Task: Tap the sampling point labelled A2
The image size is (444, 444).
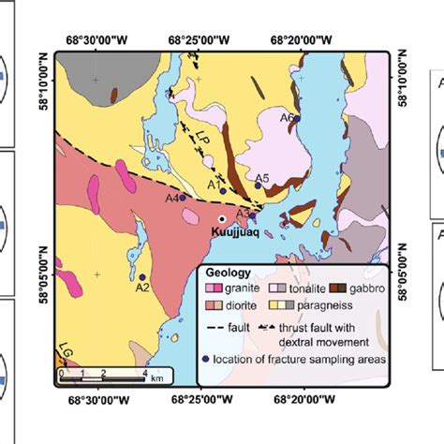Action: [x=141, y=277]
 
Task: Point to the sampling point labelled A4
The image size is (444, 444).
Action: [x=183, y=198]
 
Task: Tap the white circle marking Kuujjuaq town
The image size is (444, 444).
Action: [x=221, y=218]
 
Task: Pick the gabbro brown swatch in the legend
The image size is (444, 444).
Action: [x=333, y=289]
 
